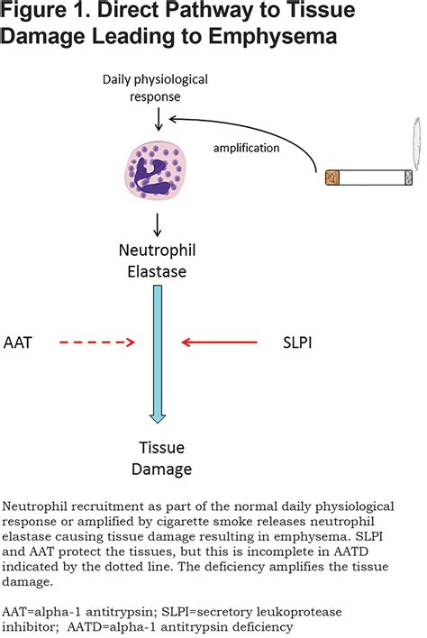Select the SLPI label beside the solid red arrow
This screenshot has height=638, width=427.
click(x=300, y=342)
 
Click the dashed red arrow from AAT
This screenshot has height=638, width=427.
click(x=95, y=342)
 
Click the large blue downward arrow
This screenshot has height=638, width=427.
click(x=158, y=351)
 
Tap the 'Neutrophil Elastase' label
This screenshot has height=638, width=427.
click(x=157, y=258)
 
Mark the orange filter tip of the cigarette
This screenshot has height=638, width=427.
click(x=333, y=178)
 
